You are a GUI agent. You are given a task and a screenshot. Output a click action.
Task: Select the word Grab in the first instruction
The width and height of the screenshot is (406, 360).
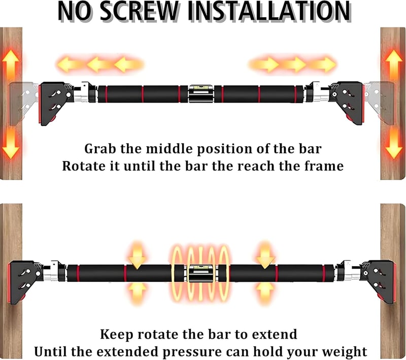pos(99,149)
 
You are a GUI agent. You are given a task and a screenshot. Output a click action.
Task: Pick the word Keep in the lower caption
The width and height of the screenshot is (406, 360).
pos(116,335)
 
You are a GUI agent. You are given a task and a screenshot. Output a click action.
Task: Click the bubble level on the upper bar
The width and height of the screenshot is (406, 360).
pos(201,93)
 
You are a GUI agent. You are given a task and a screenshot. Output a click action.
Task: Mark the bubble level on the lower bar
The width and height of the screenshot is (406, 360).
pos(201,274)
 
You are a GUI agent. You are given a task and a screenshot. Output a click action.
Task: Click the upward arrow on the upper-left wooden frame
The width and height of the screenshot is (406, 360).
pos(10,65)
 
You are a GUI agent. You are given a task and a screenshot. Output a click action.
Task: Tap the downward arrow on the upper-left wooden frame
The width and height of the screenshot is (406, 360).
pos(11,143)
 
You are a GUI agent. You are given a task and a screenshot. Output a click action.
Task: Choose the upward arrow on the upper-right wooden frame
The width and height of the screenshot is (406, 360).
pos(394,65)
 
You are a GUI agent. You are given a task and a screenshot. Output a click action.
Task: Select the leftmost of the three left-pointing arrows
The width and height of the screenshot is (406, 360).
pos(68,64)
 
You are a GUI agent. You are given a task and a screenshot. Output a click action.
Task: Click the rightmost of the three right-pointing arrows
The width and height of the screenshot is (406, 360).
pos(324,64)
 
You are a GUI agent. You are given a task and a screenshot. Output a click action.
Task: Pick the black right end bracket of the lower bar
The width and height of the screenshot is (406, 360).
pos(378,282)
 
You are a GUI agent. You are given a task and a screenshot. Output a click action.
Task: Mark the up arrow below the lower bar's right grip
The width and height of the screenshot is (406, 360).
pos(265,292)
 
